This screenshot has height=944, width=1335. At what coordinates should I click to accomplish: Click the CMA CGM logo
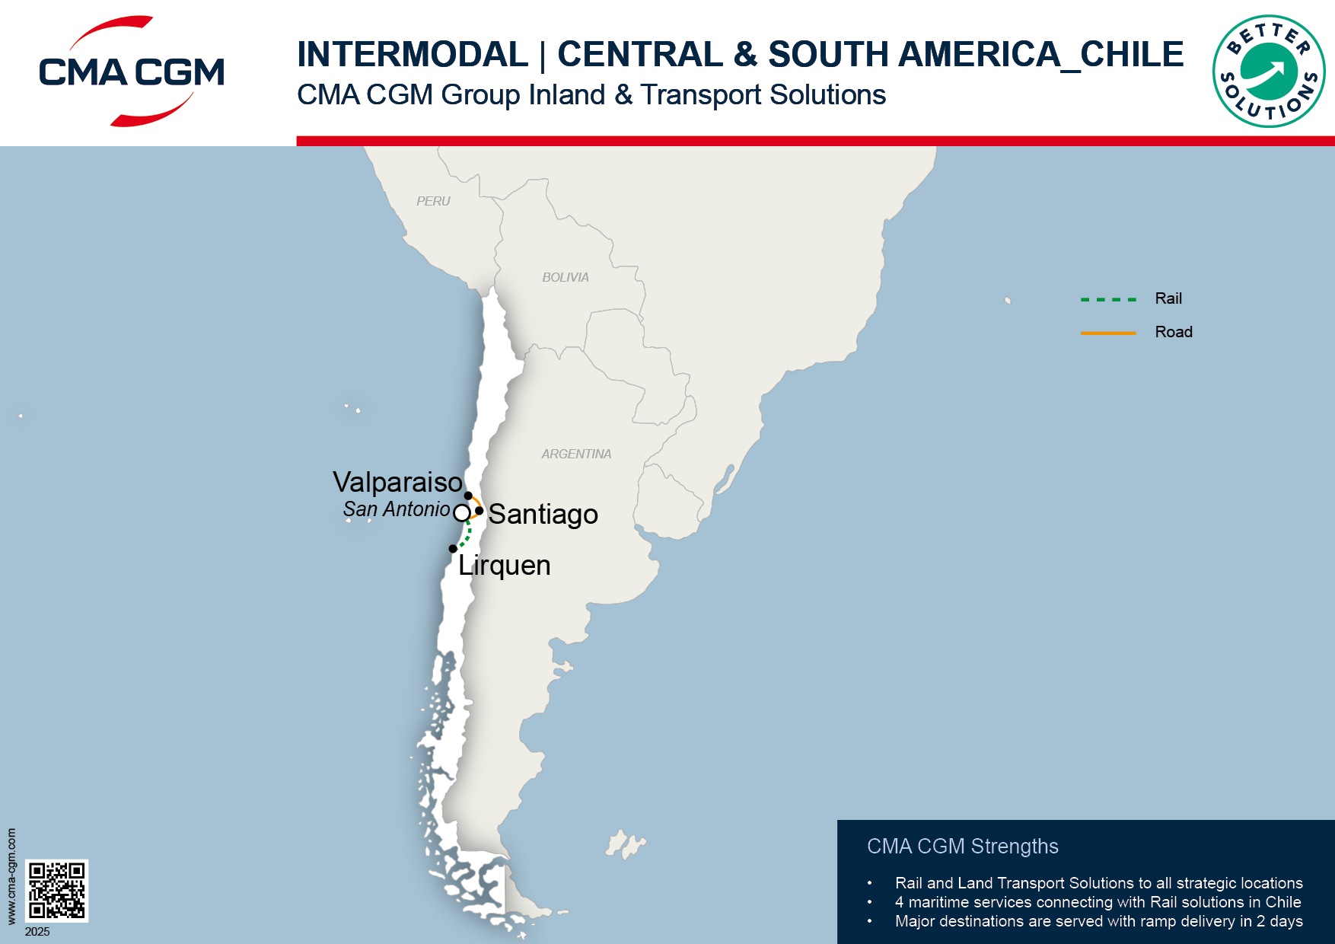pos(132,72)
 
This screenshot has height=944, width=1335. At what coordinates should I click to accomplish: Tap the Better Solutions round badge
pos(1268,72)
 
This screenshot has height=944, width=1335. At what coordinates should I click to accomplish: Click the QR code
pos(57,890)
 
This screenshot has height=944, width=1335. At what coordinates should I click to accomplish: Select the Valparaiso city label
pos(397,483)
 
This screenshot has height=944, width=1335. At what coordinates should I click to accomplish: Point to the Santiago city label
pos(543,515)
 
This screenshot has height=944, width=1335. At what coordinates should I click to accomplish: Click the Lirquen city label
pos(504,566)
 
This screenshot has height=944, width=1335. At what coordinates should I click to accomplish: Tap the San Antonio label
pos(396,509)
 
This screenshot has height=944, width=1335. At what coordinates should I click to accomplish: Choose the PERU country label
pos(433,201)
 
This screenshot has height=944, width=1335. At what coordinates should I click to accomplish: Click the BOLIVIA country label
pos(565,277)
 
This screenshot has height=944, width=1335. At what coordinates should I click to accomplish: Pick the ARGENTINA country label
pos(576,454)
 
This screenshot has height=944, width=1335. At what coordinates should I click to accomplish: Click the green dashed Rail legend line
pos(1108,299)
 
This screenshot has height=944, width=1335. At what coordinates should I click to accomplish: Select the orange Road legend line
pos(1108,333)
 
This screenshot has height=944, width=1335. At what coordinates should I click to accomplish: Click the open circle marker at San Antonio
pos(461,513)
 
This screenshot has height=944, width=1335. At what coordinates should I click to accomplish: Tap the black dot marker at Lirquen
pos(453,548)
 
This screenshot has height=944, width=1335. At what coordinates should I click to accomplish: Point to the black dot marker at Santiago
pos(479,510)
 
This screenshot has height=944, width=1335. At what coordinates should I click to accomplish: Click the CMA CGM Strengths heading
pos(962,847)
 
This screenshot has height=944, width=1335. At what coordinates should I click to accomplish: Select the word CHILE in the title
pos(1132,55)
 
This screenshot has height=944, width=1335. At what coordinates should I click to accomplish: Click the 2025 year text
pos(37,932)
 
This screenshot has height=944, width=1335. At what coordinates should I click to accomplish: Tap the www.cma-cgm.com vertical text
pos(11,876)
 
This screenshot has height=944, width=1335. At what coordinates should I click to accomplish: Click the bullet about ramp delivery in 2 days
pos(1098,921)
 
